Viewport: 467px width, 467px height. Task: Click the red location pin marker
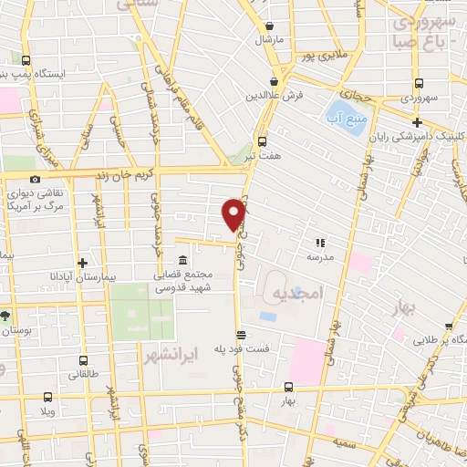point(233,213)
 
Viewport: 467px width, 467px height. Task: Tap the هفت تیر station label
point(262,157)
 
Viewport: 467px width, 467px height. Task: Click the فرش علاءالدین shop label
point(274,96)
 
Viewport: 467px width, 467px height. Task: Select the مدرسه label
point(319,258)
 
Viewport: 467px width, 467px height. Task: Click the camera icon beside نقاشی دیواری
point(35,180)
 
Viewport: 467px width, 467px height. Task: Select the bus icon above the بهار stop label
point(288,387)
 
